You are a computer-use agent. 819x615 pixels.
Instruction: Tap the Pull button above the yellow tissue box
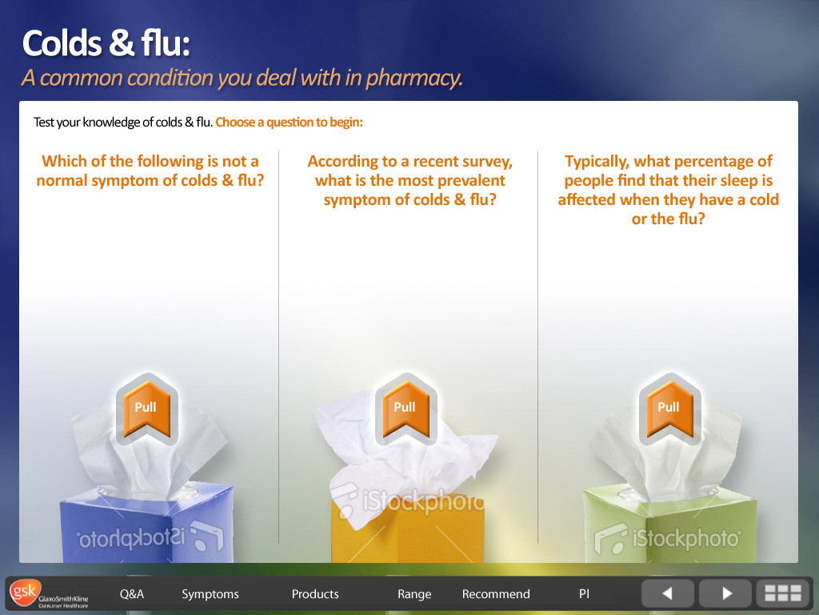406,409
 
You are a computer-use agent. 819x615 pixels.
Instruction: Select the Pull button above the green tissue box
669,409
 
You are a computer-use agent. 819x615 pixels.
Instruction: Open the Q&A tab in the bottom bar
132,594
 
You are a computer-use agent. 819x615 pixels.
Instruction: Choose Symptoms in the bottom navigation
210,595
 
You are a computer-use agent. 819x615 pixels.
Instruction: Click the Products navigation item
315,594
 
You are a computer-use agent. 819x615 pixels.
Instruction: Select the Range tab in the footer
414,595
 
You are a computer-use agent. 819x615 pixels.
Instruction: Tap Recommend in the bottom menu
496,594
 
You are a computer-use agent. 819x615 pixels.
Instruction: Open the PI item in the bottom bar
584,594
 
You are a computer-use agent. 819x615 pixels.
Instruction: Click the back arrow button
668,593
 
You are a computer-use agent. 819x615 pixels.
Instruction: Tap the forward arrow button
725,593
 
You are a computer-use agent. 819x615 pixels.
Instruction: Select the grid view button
783,593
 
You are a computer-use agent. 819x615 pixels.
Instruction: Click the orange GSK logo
25,593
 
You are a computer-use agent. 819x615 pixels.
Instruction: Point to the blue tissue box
147,523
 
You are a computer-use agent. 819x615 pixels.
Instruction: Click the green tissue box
669,525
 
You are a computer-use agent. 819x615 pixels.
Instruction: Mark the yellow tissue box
407,529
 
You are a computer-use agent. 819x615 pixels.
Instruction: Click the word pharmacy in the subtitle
413,78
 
